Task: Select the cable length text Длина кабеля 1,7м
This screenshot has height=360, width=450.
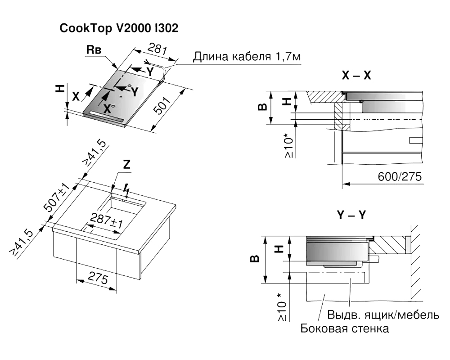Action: [x=247, y=58]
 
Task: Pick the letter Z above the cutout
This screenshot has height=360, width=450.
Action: [x=126, y=165]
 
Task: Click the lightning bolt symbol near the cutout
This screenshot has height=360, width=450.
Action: [x=127, y=190]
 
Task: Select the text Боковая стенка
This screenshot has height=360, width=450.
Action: [x=345, y=328]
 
